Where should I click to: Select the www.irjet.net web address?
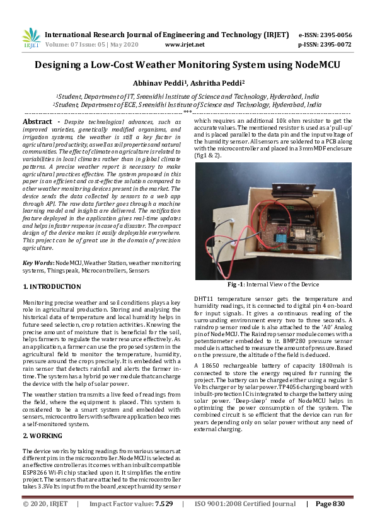[185, 45]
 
